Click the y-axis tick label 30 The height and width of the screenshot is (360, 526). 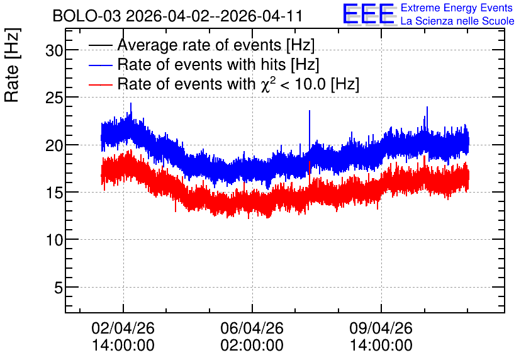(x=54, y=50)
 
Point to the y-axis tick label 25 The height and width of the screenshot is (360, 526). (x=54, y=98)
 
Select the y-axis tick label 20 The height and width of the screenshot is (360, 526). (x=54, y=145)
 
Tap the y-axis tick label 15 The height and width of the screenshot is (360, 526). (x=54, y=193)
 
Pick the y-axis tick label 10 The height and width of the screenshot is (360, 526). (x=54, y=240)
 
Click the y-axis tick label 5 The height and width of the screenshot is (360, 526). (x=59, y=288)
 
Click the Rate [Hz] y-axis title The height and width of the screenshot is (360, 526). (x=12, y=65)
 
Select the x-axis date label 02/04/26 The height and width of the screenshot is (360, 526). (x=123, y=328)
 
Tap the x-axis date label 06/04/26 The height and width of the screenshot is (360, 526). (x=252, y=328)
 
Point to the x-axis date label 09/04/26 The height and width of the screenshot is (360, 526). (x=381, y=328)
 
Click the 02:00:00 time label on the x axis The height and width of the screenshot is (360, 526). (x=252, y=346)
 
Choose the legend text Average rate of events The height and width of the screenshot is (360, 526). (x=199, y=45)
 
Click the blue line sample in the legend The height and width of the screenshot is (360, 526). (x=101, y=65)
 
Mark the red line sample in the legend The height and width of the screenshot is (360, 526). (x=101, y=85)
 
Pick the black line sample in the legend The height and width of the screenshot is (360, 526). (x=101, y=45)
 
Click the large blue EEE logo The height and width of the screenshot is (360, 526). (x=369, y=14)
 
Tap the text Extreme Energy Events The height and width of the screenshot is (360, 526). (x=457, y=8)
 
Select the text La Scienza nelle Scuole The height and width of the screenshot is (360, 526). (x=457, y=21)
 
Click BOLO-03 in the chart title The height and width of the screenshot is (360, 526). (x=87, y=16)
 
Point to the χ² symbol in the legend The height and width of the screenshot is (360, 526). (x=266, y=84)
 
